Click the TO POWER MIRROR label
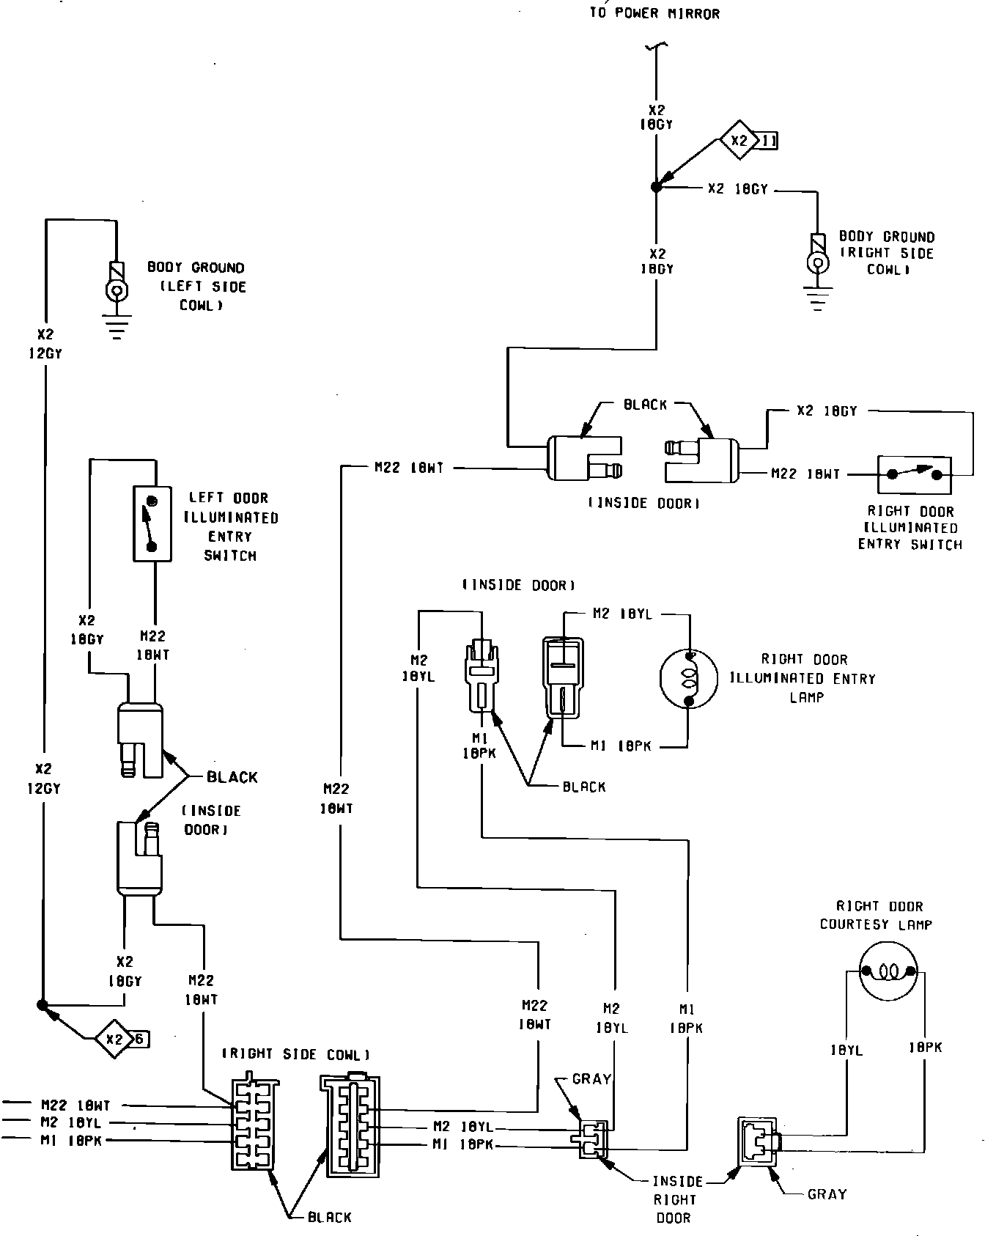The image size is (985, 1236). coord(654,13)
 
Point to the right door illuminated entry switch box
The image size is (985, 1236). coord(914,474)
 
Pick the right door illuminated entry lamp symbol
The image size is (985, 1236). coord(689,679)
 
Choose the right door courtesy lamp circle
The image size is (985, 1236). coord(888,972)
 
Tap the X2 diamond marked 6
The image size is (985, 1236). coord(114,1039)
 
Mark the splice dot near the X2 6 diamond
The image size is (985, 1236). coord(42,1004)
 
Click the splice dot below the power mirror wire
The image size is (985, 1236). coord(656,188)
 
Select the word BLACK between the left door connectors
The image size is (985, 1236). coord(232,777)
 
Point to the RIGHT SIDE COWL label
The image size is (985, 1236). coord(295,1055)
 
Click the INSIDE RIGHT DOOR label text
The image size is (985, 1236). coord(676,1199)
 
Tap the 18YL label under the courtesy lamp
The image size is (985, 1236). coord(846,1051)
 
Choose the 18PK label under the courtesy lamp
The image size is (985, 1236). coord(925,1048)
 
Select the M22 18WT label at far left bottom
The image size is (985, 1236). coord(75,1106)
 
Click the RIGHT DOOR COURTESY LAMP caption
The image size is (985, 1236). coord(877,916)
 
